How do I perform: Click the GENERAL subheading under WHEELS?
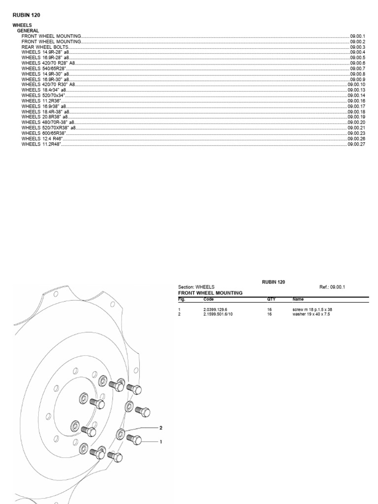click(x=28, y=31)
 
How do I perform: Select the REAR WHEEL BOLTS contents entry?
click(x=45, y=47)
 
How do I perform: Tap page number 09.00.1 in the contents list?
click(x=357, y=36)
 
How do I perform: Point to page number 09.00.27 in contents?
click(x=356, y=144)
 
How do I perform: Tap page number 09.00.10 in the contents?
click(x=356, y=85)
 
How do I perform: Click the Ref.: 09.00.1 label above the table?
click(x=333, y=287)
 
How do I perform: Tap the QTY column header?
click(x=271, y=299)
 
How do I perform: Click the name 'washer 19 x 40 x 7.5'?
click(x=311, y=314)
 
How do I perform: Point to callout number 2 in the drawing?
click(x=160, y=427)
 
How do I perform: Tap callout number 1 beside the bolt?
click(x=160, y=442)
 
